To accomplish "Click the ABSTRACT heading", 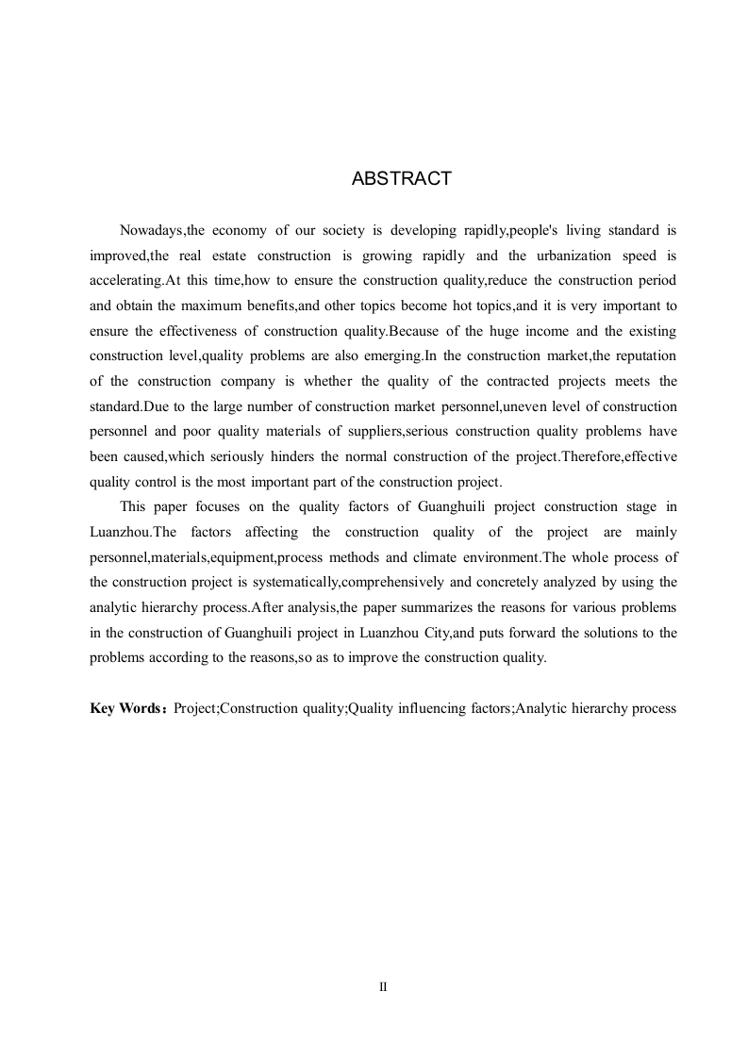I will (401, 179).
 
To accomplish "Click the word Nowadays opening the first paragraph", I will (153, 230).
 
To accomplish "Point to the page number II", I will (383, 987).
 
